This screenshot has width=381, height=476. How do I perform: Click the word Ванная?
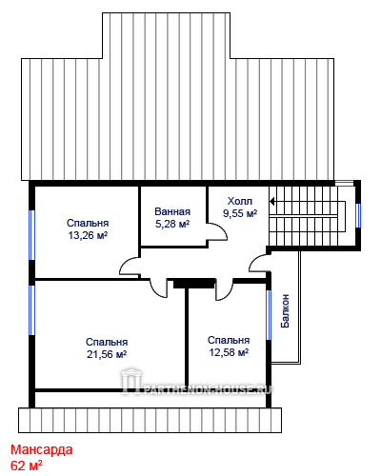pyautogui.click(x=172, y=211)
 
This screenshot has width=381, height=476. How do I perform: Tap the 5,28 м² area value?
pyautogui.click(x=172, y=224)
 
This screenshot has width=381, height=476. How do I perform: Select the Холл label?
pyautogui.click(x=240, y=201)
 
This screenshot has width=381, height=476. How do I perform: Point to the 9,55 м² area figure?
pyautogui.click(x=240, y=213)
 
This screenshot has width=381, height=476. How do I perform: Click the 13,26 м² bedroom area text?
pyautogui.click(x=88, y=235)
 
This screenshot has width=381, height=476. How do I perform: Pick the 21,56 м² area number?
pyautogui.click(x=107, y=354)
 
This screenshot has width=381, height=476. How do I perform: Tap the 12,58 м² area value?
pyautogui.click(x=229, y=352)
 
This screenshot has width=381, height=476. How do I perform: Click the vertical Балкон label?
pyautogui.click(x=285, y=310)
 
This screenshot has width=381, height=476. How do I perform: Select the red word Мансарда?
pyautogui.click(x=42, y=449)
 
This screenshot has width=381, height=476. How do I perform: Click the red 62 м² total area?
pyautogui.click(x=27, y=466)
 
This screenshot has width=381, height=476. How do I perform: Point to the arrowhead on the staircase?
pyautogui.click(x=272, y=201)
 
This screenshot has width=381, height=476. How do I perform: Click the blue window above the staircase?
pyautogui.click(x=345, y=183)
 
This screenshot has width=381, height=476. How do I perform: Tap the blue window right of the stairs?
pyautogui.click(x=358, y=215)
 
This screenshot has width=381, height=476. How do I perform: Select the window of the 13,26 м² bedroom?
pyautogui.click(x=31, y=235)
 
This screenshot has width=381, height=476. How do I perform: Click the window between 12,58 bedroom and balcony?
pyautogui.click(x=269, y=315)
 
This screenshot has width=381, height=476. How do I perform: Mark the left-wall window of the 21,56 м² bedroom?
pyautogui.click(x=31, y=310)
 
